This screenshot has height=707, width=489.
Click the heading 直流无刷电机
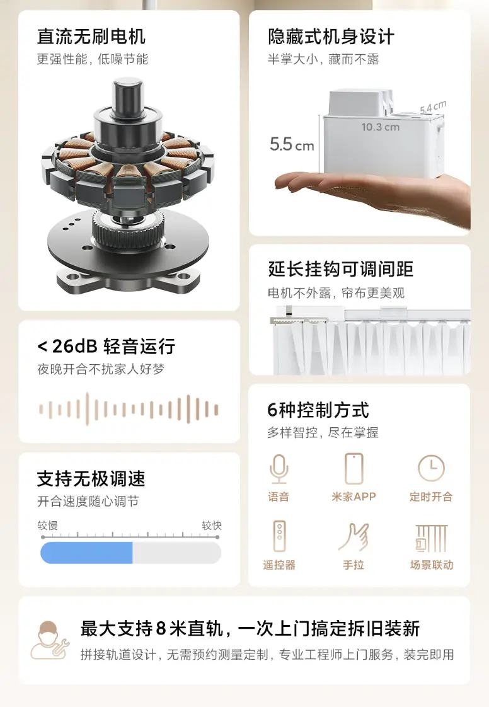pyautogui.click(x=91, y=37)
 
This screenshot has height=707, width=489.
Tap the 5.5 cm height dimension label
pyautogui.click(x=292, y=144)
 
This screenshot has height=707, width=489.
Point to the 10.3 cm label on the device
pyautogui.click(x=380, y=127)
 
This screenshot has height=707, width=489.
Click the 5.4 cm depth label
pyautogui.click(x=433, y=107)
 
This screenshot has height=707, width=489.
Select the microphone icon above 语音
pyautogui.click(x=279, y=469)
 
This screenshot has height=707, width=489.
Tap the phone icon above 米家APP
pyautogui.click(x=354, y=469)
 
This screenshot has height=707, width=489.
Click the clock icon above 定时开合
pyautogui.click(x=431, y=468)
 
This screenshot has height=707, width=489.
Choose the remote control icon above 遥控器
pyautogui.click(x=279, y=536)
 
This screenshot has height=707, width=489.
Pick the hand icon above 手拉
pyautogui.click(x=354, y=537)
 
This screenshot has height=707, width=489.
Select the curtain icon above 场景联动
pyautogui.click(x=431, y=538)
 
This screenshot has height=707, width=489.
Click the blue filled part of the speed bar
pyautogui.click(x=86, y=553)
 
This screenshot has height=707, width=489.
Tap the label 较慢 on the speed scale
pyautogui.click(x=47, y=526)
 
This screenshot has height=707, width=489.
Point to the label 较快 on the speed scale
pyautogui.click(x=212, y=526)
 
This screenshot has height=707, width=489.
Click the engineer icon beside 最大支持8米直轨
pyautogui.click(x=49, y=641)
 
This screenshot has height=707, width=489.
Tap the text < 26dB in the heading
pyautogui.click(x=67, y=347)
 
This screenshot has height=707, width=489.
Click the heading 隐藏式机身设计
pyautogui.click(x=331, y=37)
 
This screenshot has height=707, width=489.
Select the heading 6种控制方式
pyautogui.click(x=318, y=410)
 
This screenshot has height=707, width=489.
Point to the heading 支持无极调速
pyautogui.click(x=91, y=479)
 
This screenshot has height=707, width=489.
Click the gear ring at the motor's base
pyautogui.click(x=128, y=227)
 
